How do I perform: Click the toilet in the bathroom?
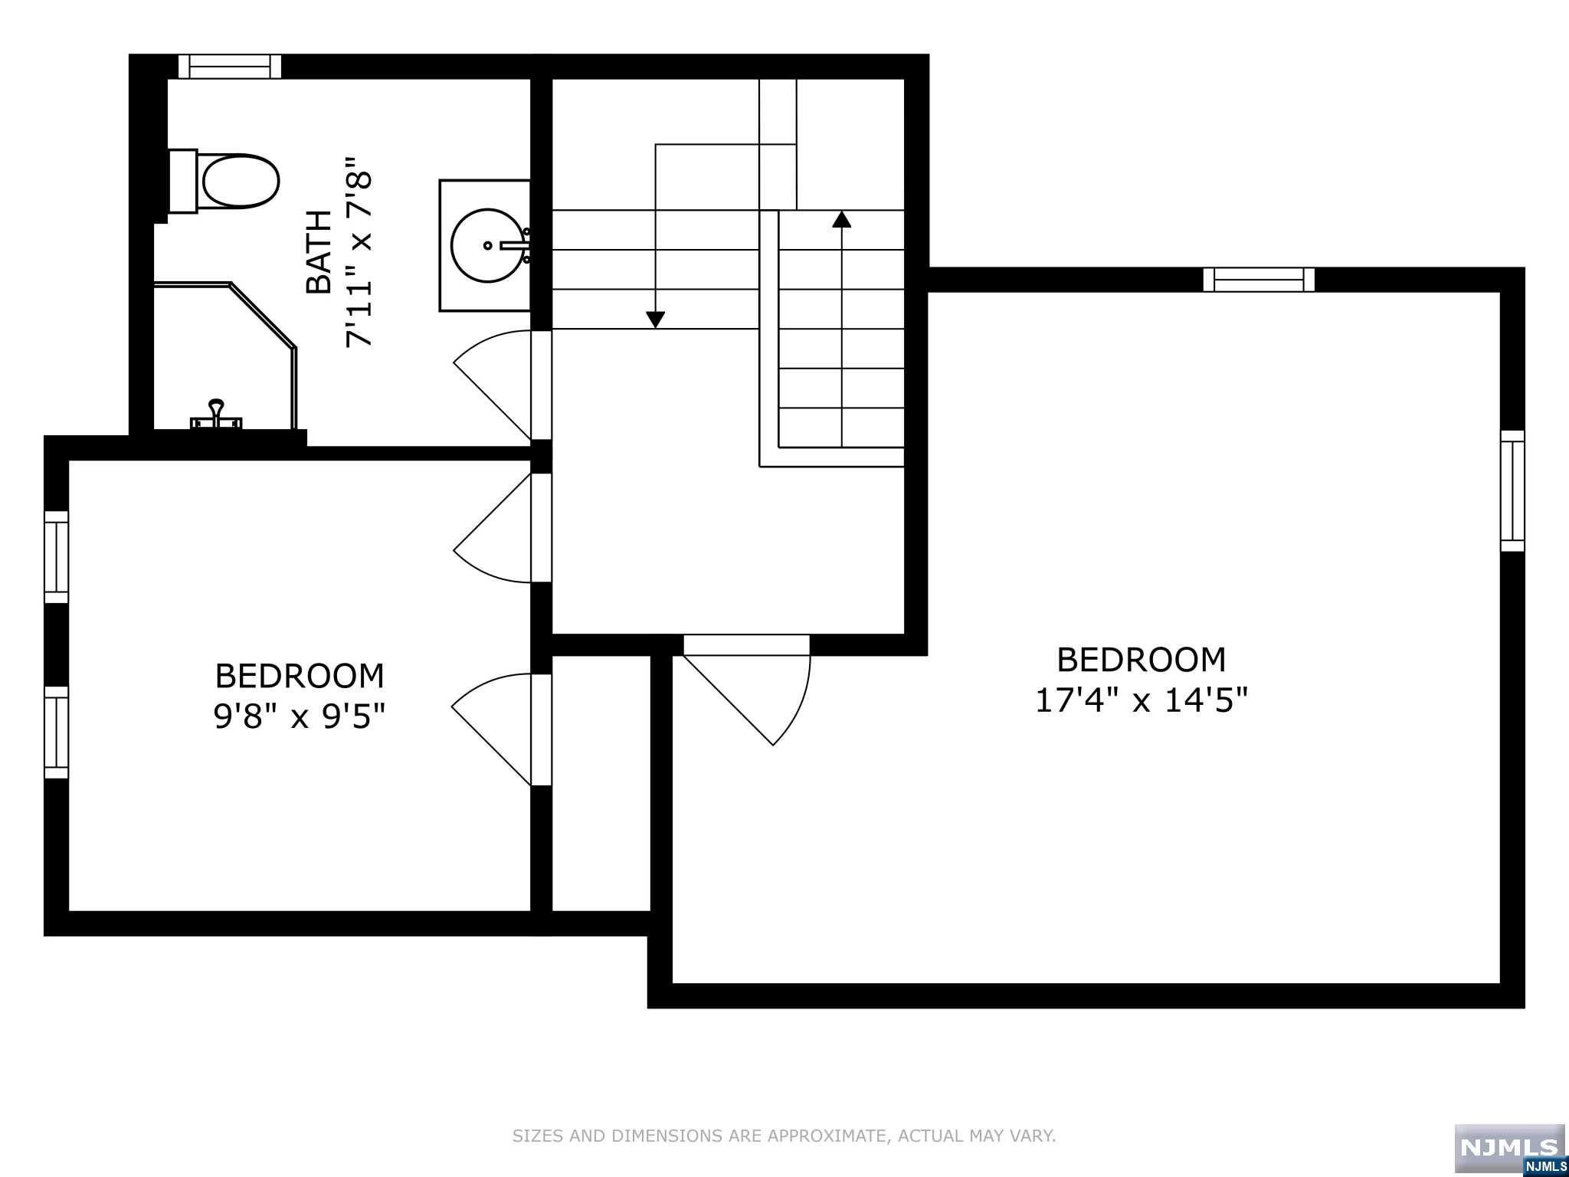pyautogui.click(x=230, y=181)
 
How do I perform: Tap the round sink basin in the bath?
pyautogui.click(x=489, y=246)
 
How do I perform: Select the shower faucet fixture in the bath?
pyautogui.click(x=217, y=416)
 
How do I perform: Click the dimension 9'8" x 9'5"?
pyautogui.click(x=299, y=716)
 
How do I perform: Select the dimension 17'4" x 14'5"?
pyautogui.click(x=1142, y=700)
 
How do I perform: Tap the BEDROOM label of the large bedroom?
pyautogui.click(x=1142, y=660)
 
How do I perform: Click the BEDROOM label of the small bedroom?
pyautogui.click(x=300, y=676)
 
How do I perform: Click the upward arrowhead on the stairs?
pyautogui.click(x=842, y=220)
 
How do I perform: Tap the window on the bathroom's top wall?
pyautogui.click(x=230, y=67)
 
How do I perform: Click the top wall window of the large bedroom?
pyautogui.click(x=1259, y=280)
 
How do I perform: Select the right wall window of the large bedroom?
pyautogui.click(x=1512, y=490)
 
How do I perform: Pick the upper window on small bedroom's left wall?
pyautogui.click(x=56, y=556)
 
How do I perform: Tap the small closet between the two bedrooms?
pyautogui.click(x=601, y=782)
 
